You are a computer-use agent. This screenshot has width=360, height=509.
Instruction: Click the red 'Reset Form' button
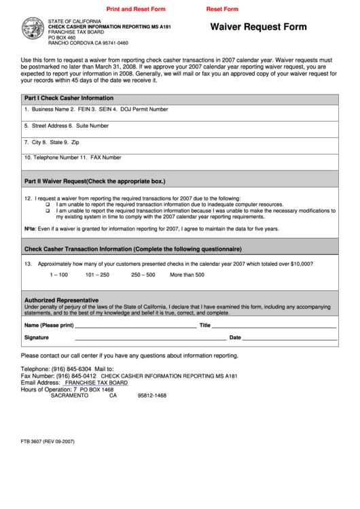pos(222,10)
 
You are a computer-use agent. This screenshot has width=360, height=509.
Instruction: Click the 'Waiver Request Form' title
pos(258,27)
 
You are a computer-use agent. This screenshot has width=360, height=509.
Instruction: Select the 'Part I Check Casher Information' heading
pos(69,98)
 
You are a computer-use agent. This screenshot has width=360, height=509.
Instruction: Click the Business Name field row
pos(179,110)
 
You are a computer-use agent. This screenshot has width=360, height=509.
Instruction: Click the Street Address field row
pos(179,126)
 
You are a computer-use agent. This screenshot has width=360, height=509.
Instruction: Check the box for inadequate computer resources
pos(48,204)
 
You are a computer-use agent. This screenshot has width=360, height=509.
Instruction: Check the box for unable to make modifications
pos(48,211)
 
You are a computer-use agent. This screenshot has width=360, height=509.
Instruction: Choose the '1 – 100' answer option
pos(58,275)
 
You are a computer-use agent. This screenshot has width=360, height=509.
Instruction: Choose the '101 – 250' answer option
pos(97,275)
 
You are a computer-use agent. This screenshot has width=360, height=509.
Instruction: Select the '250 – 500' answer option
pos(143,275)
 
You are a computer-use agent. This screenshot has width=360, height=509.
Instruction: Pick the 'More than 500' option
pos(187,275)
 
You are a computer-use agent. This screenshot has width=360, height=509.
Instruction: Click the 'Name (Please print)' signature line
pos(136,326)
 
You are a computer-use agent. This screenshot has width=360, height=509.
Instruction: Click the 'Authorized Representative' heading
pos(61,300)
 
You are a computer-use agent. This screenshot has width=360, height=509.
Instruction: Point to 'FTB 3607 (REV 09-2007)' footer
pos(48,442)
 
